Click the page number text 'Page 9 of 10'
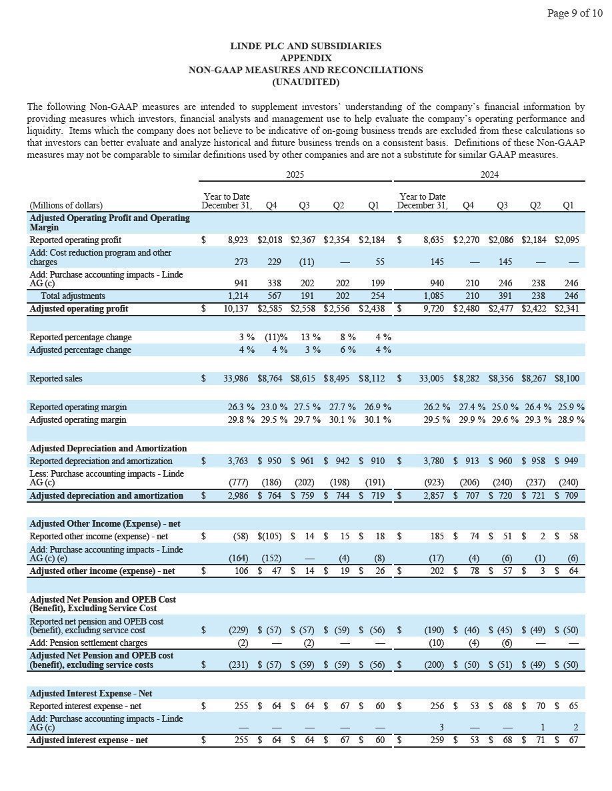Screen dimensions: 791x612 [x=575, y=13]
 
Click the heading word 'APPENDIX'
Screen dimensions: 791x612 [x=306, y=58]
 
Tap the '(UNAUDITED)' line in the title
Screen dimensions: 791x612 [x=306, y=82]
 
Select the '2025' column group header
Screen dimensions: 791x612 [x=295, y=174]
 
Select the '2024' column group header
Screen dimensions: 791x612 [x=489, y=174]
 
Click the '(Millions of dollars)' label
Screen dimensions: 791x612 [x=66, y=206]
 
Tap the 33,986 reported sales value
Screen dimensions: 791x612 [x=235, y=378]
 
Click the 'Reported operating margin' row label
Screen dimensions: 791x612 [x=78, y=407]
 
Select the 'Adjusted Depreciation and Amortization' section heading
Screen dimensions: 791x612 [x=108, y=448]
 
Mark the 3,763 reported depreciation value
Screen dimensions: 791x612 [x=238, y=461]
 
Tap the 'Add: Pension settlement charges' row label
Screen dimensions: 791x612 [x=89, y=643]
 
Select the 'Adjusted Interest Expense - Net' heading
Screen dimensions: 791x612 [x=91, y=693]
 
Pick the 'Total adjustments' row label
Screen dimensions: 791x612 [x=73, y=296]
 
